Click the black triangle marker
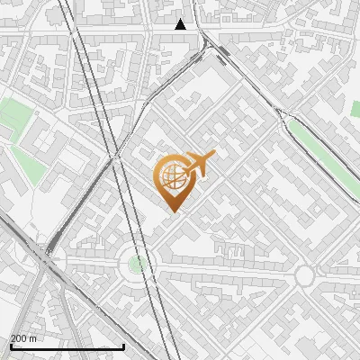181,24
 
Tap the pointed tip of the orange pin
172,211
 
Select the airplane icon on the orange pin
200,164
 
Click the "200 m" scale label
23,338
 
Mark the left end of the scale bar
10,346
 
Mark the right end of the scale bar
124,346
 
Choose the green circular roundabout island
136,265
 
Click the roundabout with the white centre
304,274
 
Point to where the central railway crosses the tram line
116,156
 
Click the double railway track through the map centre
99,99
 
